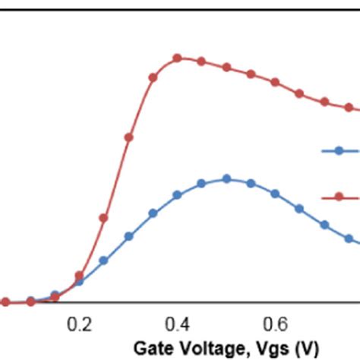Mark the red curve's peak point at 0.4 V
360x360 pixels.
coord(177,58)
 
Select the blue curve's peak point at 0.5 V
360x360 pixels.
coord(226,179)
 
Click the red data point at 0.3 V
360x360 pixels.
coord(128,137)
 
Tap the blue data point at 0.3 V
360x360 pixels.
coord(128,236)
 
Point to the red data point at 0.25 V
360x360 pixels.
coord(104,217)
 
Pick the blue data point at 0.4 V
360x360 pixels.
coord(177,195)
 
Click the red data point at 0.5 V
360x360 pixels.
coord(226,68)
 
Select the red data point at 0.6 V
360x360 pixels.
coord(275,81)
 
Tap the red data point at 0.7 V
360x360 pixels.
coord(324,102)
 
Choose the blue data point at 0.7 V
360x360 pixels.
coord(324,225)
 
